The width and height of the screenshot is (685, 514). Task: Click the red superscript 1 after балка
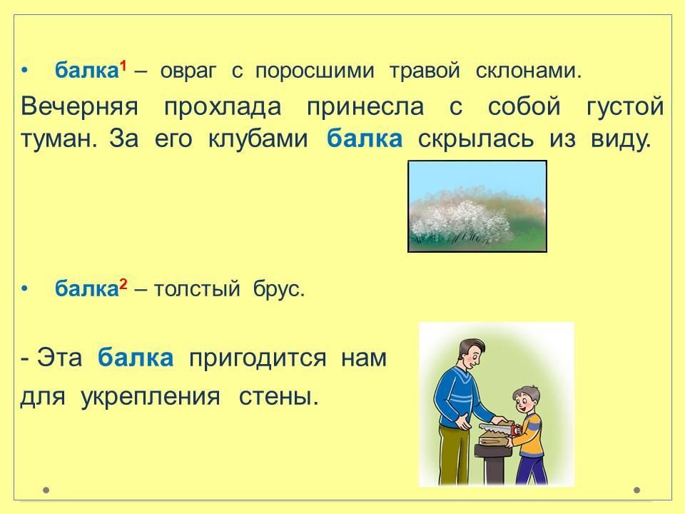click(123, 66)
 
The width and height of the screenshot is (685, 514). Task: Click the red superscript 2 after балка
click(123, 285)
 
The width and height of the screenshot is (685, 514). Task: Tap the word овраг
click(188, 71)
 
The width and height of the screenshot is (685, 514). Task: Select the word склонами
click(529, 71)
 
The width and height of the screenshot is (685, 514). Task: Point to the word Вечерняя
click(79, 106)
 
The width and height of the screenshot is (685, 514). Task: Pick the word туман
click(59, 139)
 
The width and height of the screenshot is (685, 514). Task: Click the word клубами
click(258, 138)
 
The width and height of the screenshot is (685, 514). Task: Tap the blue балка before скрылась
click(365, 138)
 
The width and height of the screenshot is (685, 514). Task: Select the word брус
click(279, 289)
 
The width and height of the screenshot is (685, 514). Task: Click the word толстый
click(197, 289)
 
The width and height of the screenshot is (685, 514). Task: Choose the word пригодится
click(258, 358)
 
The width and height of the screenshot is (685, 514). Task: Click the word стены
click(278, 397)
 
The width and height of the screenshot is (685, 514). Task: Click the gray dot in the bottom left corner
click(46, 490)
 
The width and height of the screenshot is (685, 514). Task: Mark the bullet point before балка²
click(24, 289)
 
